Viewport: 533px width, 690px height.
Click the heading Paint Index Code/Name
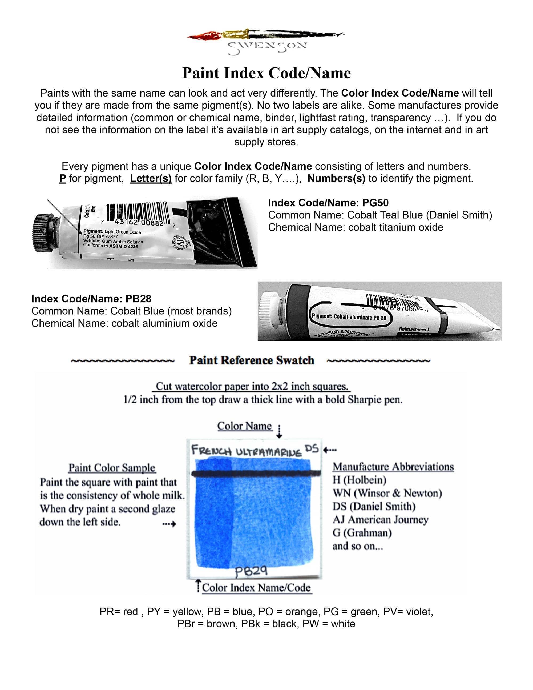point(266,73)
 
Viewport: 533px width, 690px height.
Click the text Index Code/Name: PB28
point(91,299)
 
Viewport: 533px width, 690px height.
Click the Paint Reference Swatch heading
point(251,360)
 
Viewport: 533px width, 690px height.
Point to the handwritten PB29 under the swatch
point(251,571)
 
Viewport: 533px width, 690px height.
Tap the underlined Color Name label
point(244,426)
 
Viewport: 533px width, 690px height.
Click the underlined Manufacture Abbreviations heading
point(393,467)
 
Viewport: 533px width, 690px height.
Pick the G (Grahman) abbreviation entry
point(362,533)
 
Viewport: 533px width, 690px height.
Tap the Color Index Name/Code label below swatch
point(256,588)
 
